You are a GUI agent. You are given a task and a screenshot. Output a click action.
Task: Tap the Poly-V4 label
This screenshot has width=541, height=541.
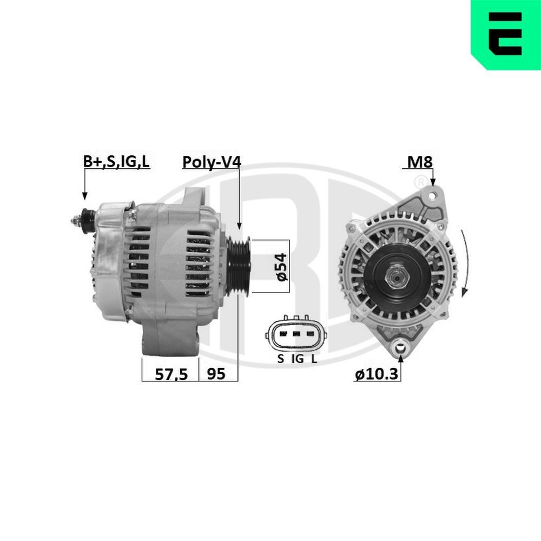pos(211,162)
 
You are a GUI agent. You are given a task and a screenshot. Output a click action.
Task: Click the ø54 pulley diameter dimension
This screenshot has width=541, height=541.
pos(281,266)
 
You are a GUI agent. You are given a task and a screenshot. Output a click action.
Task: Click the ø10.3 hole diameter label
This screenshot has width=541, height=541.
pos(377,374)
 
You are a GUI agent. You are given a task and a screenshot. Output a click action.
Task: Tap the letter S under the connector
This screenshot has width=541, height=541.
pos(280,358)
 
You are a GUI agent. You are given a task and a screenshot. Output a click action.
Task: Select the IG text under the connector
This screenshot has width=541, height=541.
pos(297,358)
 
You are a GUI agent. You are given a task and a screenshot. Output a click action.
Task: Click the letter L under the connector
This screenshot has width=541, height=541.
pos(314,358)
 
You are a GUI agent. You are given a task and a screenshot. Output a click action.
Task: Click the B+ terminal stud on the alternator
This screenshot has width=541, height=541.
pos(81,219)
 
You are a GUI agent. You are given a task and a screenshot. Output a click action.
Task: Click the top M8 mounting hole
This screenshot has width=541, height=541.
pos(431,194)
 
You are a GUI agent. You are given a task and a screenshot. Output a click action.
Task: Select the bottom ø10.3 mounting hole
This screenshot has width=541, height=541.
pos(400,346)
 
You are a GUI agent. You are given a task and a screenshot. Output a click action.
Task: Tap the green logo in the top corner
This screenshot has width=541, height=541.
pos(505,35)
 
